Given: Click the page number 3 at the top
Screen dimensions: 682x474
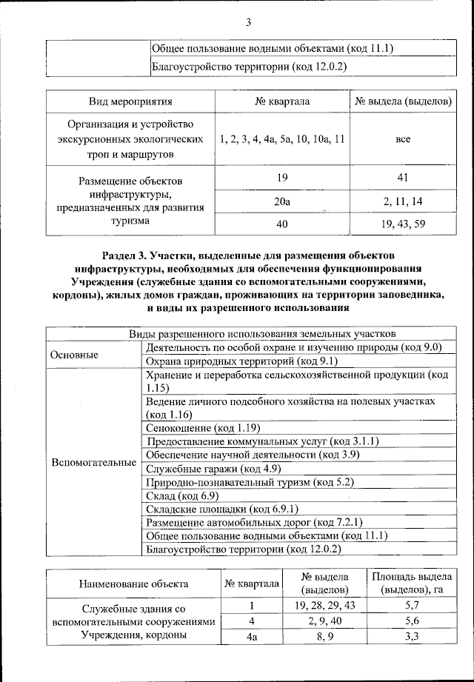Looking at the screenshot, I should [x=248, y=22].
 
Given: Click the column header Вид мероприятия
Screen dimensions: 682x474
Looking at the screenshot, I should [x=130, y=101].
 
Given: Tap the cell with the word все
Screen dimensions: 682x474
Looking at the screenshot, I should [x=403, y=138].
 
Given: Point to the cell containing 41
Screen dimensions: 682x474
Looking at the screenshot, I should [x=403, y=177].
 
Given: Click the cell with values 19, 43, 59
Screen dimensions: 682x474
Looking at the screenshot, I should [x=403, y=223].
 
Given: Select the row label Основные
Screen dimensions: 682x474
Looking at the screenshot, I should [x=74, y=354].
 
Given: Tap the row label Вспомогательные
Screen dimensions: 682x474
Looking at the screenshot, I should [x=93, y=462].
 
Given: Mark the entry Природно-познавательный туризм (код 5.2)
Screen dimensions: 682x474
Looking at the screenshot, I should [x=240, y=482].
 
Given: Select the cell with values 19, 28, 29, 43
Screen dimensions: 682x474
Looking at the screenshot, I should [x=325, y=606].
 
